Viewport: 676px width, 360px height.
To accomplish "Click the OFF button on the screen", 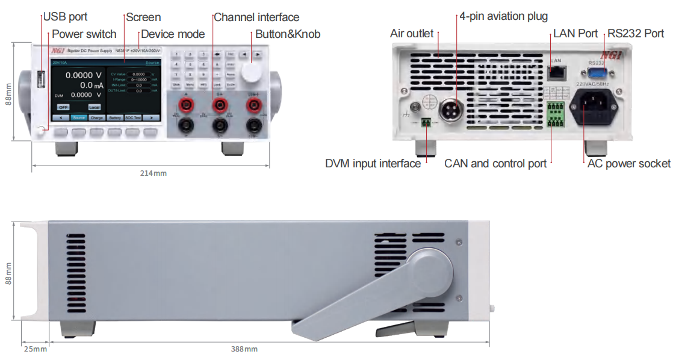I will pyautogui.click(x=63, y=107).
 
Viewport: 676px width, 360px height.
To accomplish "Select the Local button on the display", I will pyautogui.click(x=94, y=107).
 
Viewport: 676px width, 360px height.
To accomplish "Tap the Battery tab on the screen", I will pyautogui.click(x=115, y=118).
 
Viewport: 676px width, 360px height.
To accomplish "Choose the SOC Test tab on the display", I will pyautogui.click(x=133, y=118).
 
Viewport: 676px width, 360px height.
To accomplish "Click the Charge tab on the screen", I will pyautogui.click(x=97, y=118).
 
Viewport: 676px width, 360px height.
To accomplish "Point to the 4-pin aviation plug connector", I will pyautogui.click(x=456, y=111).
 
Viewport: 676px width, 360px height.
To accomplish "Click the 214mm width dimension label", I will pyautogui.click(x=153, y=173).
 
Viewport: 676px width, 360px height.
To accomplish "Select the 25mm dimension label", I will pyautogui.click(x=35, y=349).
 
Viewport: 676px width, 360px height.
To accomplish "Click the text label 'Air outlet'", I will pyautogui.click(x=412, y=34).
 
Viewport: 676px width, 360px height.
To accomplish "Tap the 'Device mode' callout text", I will pyautogui.click(x=173, y=34).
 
